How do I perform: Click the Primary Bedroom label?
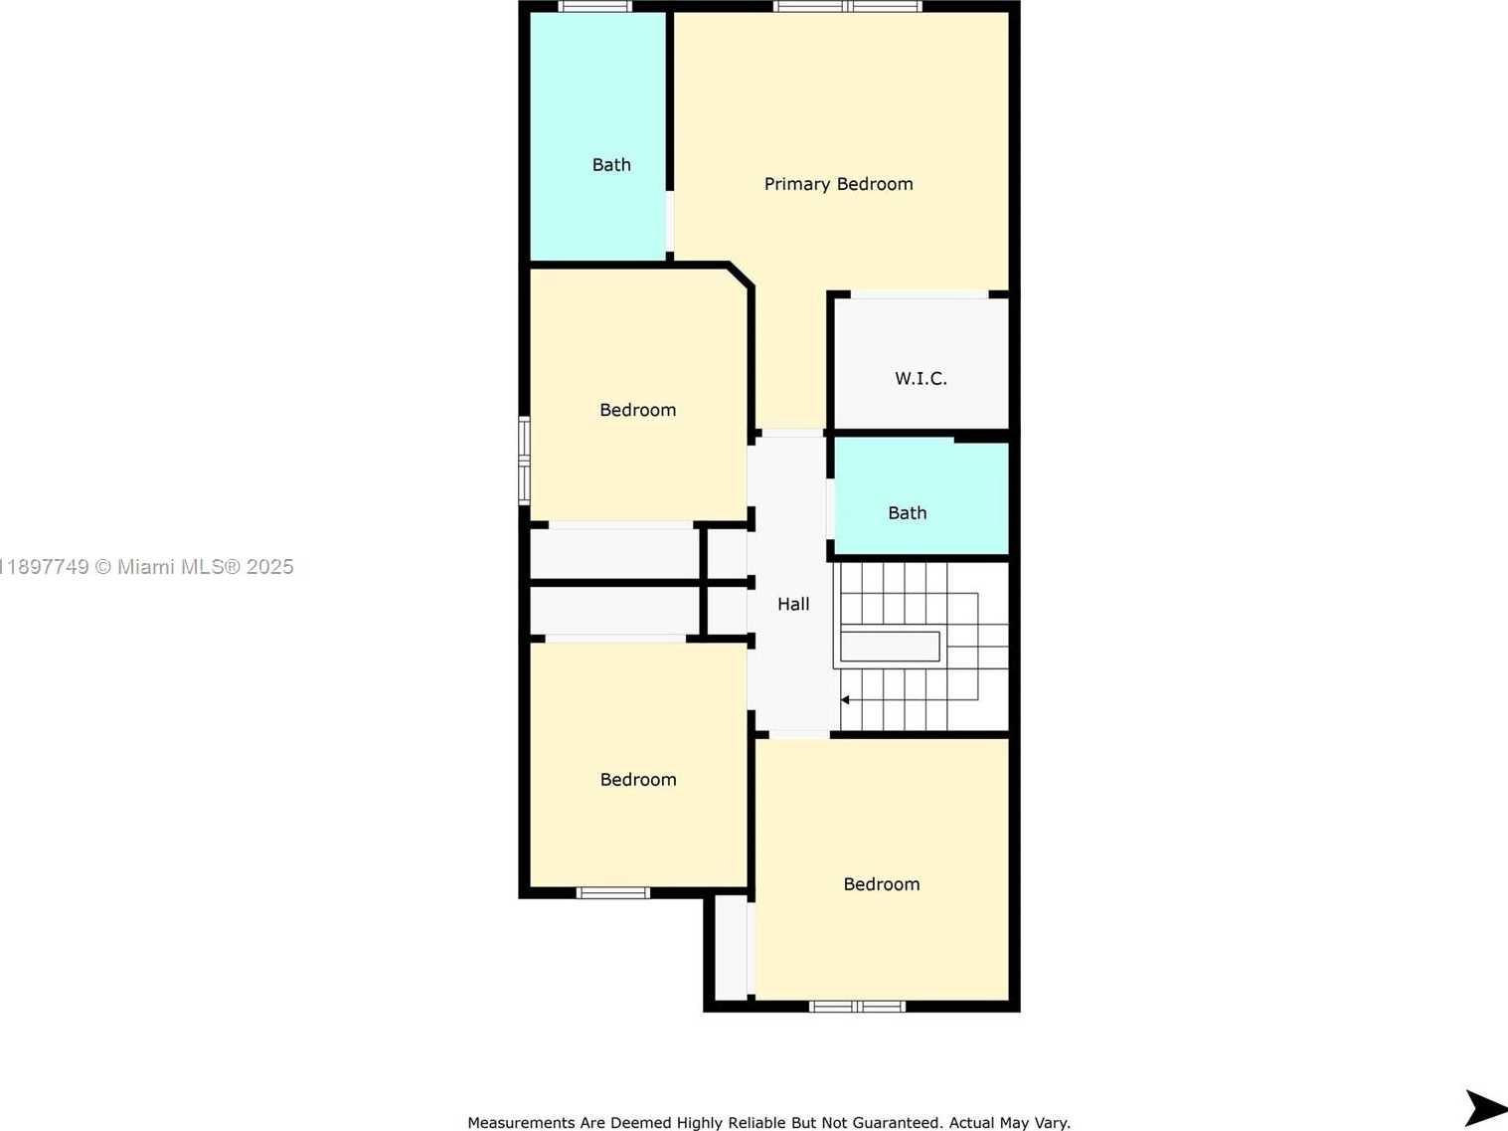[x=838, y=184]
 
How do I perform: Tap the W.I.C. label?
[x=921, y=378]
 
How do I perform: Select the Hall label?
[x=793, y=604]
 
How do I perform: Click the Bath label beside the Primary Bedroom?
[x=611, y=165]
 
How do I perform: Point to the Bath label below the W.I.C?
[x=907, y=513]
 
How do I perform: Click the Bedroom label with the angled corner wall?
[x=637, y=410]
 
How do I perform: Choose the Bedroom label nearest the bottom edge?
[x=882, y=884]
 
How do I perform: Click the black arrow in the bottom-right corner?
[x=1486, y=1108]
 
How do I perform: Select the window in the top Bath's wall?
[x=595, y=7]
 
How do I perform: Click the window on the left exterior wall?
[x=524, y=461]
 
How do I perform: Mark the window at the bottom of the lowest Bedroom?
[x=857, y=1007]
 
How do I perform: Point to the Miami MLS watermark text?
[x=146, y=567]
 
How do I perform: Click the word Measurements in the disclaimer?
[x=522, y=1123]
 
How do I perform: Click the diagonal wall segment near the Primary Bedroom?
[x=742, y=274]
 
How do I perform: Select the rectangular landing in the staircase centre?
[x=890, y=647]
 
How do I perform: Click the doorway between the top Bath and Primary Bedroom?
[x=669, y=222]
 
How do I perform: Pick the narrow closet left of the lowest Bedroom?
[x=731, y=947]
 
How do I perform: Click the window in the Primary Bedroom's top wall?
[x=848, y=7]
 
